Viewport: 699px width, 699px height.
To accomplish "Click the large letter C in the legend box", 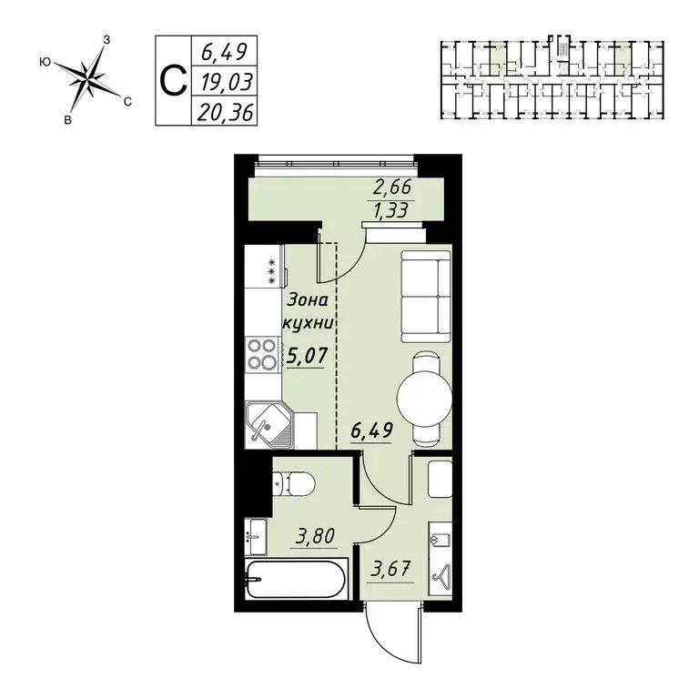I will pos(172,80).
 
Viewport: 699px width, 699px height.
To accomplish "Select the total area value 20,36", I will pos(222,111).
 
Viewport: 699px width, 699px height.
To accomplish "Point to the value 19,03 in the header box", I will pos(222,81).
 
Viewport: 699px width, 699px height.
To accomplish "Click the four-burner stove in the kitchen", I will pos(262,354).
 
